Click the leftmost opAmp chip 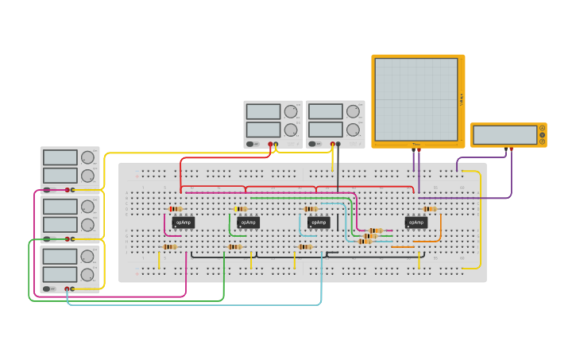pos(183,223)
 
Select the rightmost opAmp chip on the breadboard pos(416,223)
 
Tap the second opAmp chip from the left pos(248,223)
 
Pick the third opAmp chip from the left pos(319,223)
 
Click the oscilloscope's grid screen pos(416,99)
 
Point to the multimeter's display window pos(505,135)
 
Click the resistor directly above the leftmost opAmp pos(176,209)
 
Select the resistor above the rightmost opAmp pos(430,209)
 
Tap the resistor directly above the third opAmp pos(311,209)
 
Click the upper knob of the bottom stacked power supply pos(87,257)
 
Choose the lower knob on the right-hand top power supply pos(353,130)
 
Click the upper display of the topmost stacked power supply pos(60,157)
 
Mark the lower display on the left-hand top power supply pos(263,130)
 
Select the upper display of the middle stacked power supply pos(60,207)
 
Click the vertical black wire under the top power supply pos(338,171)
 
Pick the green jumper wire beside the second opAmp pos(230,226)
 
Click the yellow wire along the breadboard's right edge pos(481,223)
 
